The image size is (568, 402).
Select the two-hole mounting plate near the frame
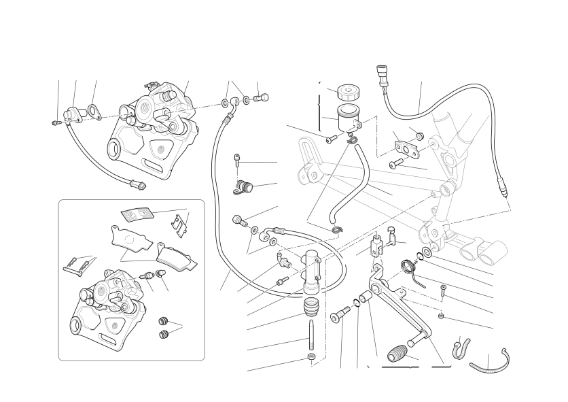tap(404, 146)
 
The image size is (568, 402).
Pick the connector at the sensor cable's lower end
tap(136, 182)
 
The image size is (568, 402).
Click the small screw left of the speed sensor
tap(56, 122)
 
